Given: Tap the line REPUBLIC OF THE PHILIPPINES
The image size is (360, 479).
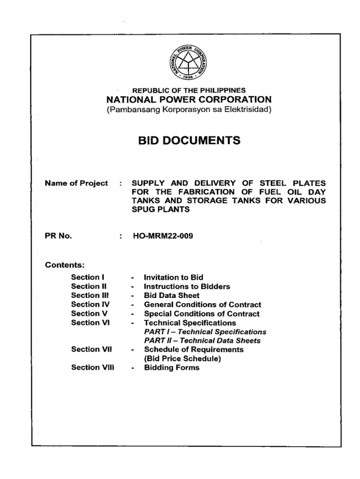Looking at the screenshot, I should pyautogui.click(x=189, y=90).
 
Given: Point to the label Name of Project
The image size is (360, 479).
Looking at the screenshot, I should pyautogui.click(x=76, y=183).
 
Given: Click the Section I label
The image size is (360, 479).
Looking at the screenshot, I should pyautogui.click(x=84, y=277).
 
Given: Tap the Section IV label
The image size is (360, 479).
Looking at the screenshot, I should pyautogui.click(x=86, y=305).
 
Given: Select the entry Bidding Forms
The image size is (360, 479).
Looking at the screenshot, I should pyautogui.click(x=172, y=368).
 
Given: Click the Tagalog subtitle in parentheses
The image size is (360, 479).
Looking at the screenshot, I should pyautogui.click(x=189, y=110).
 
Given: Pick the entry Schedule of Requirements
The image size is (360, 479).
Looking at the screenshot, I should pyautogui.click(x=194, y=349).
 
